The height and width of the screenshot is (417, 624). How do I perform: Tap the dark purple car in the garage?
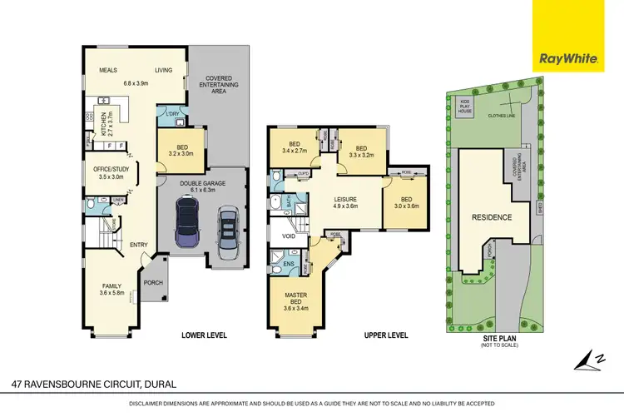[188, 227]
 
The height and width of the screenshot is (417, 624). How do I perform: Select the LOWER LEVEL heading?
[204, 335]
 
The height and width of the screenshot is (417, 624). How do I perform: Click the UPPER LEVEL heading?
[386, 335]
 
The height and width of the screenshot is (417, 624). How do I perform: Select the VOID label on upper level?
[290, 236]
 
